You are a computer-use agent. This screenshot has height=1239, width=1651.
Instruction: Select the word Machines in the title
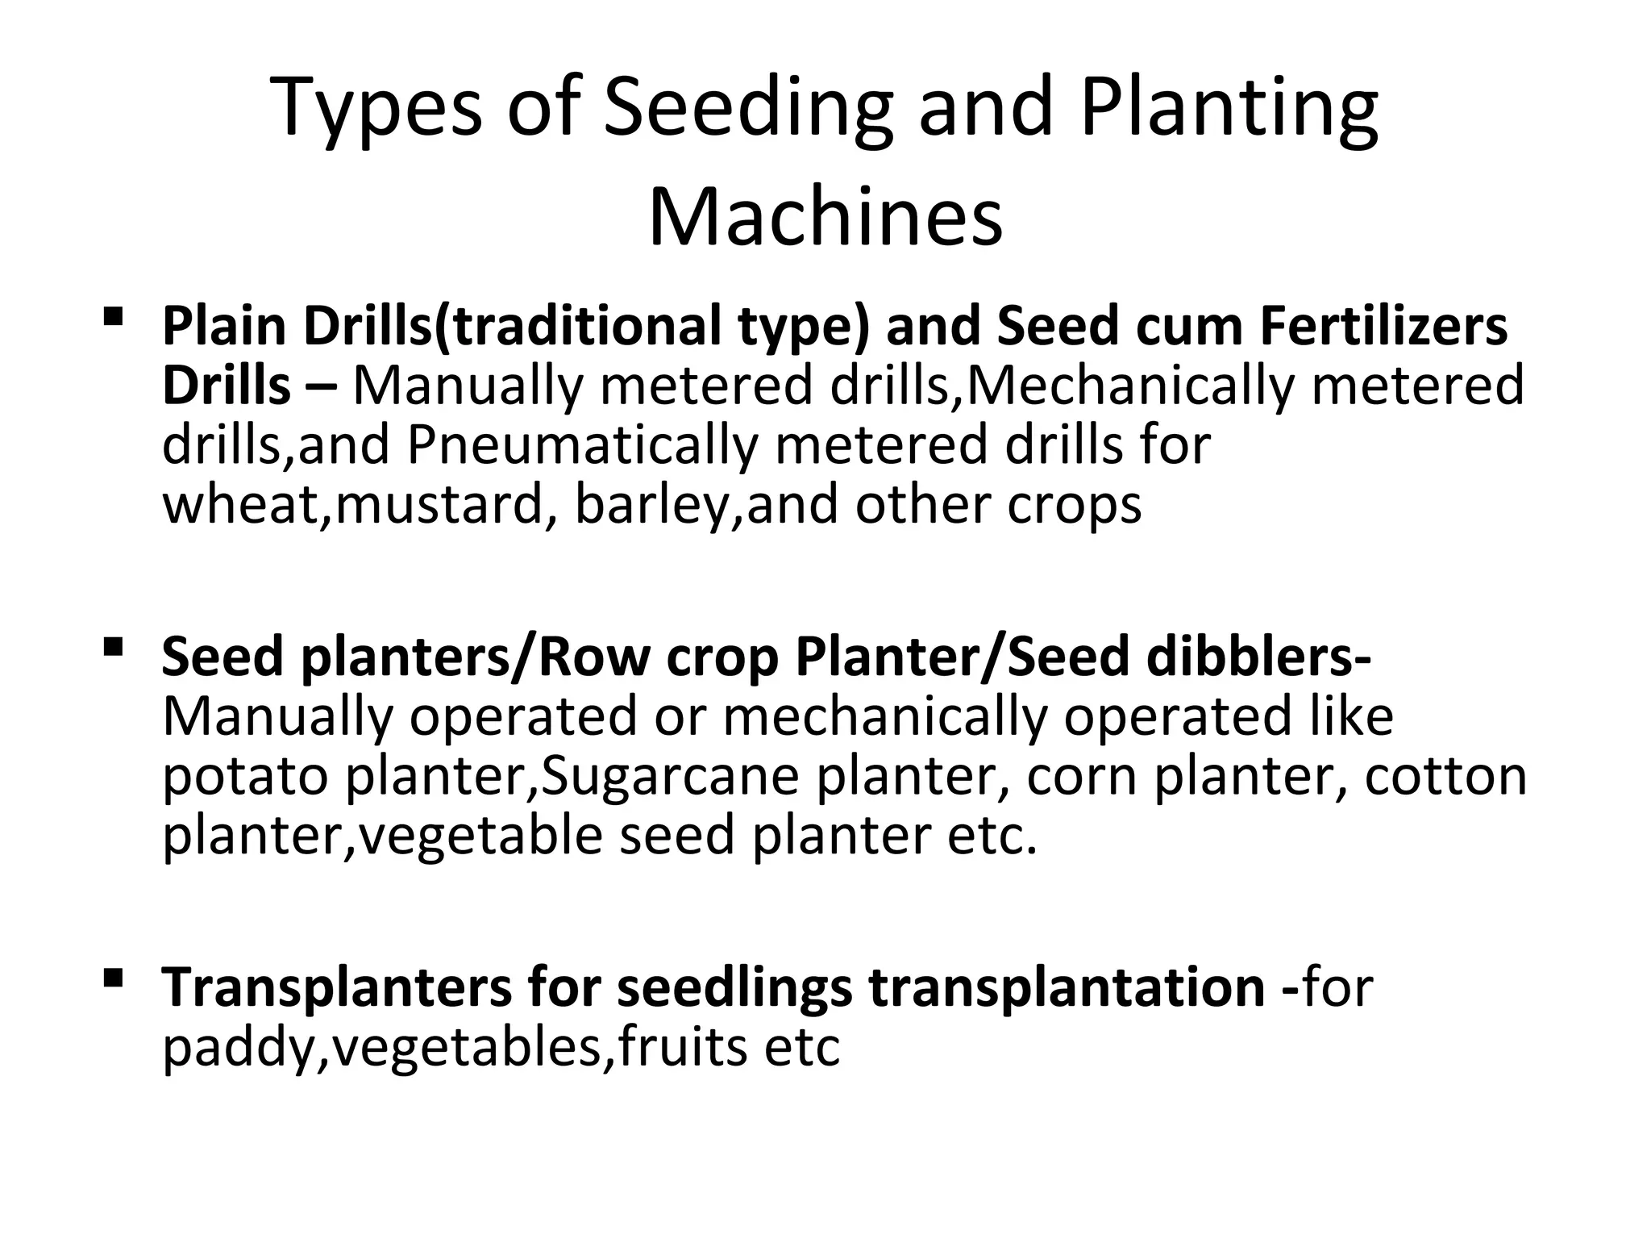tap(825, 217)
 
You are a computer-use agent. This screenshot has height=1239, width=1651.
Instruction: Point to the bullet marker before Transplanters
tap(113, 978)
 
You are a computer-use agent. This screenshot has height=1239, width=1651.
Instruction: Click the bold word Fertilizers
tap(1383, 327)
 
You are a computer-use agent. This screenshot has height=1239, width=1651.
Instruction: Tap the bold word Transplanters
tap(337, 987)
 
